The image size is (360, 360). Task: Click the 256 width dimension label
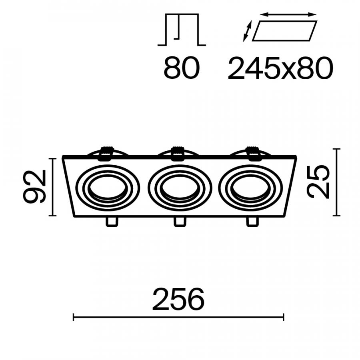point(178,299)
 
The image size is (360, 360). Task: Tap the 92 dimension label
point(34,186)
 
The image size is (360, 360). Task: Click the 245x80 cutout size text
point(280,68)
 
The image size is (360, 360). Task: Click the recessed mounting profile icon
point(182,30)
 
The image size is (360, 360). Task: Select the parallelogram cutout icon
point(284,31)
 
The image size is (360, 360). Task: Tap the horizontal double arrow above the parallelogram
point(288,15)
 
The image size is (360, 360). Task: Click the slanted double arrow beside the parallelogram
point(247,31)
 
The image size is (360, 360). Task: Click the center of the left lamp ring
point(108,188)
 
